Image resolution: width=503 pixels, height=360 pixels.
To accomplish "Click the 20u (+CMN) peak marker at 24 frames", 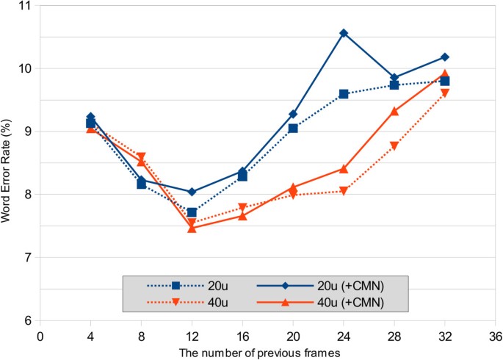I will click(x=344, y=33).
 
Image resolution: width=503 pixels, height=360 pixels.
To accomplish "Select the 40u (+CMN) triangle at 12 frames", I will click(x=192, y=228).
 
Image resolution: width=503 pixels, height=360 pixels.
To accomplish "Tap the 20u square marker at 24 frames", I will click(x=344, y=94).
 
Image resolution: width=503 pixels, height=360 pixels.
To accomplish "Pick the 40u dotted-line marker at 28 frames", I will click(x=394, y=146).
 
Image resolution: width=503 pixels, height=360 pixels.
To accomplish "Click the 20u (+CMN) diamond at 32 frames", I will click(x=445, y=57).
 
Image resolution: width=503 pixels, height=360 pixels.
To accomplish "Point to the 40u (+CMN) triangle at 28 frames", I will click(x=394, y=111).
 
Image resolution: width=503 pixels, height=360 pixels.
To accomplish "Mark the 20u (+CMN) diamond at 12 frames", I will click(x=192, y=192).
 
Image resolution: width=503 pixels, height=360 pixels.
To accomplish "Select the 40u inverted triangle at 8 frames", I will click(x=141, y=156).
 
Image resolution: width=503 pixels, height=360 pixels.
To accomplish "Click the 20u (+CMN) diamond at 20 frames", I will click(x=293, y=114).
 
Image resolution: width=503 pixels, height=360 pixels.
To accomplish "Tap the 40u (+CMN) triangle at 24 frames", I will click(x=344, y=168).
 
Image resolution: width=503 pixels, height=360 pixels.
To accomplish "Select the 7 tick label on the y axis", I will click(x=26, y=258).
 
